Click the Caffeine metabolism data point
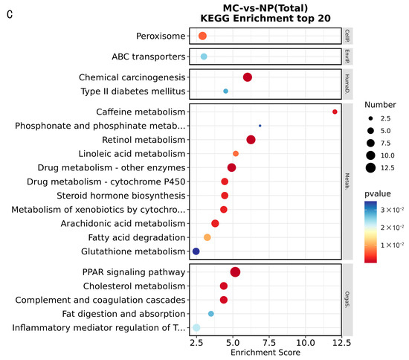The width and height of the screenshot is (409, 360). (x=335, y=112)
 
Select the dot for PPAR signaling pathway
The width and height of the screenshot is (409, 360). (x=235, y=272)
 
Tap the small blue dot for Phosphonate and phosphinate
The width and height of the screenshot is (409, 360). (x=260, y=126)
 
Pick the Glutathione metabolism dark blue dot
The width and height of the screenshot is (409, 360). (x=196, y=251)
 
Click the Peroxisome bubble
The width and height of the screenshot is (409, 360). (x=202, y=36)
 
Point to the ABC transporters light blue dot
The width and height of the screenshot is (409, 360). (x=204, y=57)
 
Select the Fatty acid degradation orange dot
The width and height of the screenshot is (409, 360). (x=207, y=237)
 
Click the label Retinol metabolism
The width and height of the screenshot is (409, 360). (x=143, y=140)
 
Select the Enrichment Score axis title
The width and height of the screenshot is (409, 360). (x=269, y=353)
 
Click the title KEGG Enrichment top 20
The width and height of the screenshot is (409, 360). (x=269, y=17)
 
